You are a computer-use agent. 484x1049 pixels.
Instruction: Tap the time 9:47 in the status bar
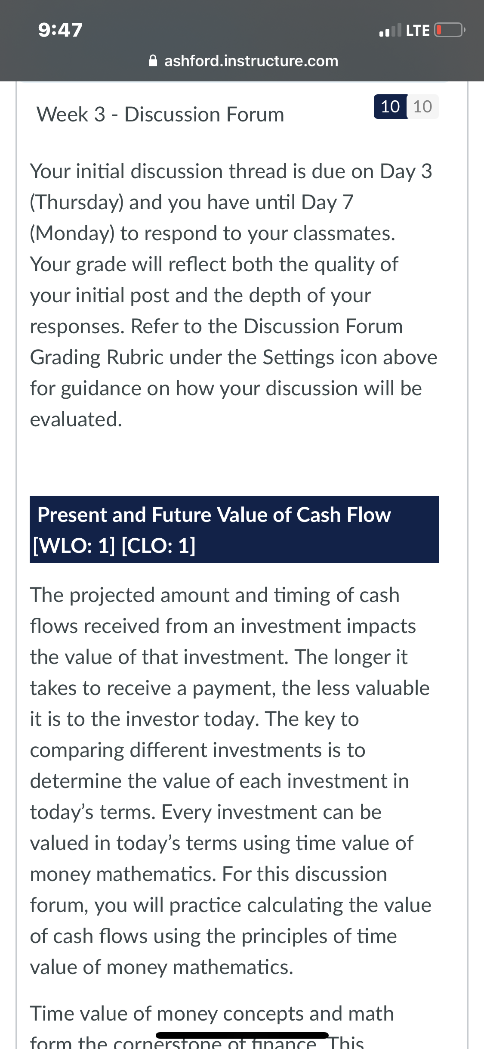tap(60, 30)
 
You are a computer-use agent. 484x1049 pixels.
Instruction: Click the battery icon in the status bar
tap(450, 30)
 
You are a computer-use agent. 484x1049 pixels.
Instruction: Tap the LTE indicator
tap(418, 30)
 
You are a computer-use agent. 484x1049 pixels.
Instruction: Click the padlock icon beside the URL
tap(153, 61)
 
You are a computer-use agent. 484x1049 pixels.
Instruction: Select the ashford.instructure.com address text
tap(251, 61)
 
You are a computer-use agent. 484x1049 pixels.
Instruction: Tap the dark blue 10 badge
tap(390, 106)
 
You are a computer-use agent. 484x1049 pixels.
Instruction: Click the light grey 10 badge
tap(422, 106)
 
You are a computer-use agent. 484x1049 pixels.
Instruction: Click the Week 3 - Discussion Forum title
tap(160, 115)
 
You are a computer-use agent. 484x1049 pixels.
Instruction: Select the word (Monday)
tap(72, 233)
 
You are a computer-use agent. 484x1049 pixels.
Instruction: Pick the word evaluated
tap(76, 419)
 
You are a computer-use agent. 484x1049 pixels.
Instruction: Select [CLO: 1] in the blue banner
tap(159, 546)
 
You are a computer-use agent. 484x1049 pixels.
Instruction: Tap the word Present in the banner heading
tap(72, 515)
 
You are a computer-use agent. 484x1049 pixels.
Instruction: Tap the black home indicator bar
tap(242, 1035)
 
